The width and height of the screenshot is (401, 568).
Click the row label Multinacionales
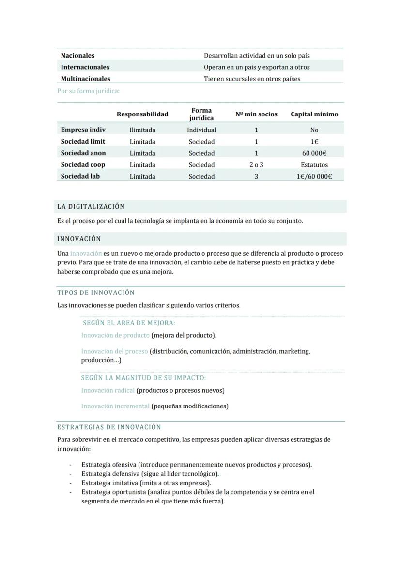[85, 79]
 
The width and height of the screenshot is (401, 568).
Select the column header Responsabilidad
[142, 114]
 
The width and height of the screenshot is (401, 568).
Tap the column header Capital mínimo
[314, 114]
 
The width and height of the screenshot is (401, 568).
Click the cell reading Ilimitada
[142, 130]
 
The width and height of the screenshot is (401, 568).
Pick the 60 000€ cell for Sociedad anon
[314, 153]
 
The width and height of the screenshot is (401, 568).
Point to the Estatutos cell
[314, 165]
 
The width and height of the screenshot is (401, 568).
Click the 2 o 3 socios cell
[256, 165]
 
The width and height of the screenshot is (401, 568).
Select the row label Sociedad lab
[80, 176]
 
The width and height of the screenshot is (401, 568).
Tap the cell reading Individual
[201, 130]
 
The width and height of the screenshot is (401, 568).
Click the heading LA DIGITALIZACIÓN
[91, 207]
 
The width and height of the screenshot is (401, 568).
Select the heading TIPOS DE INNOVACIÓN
[96, 293]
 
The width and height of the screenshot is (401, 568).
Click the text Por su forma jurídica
[88, 91]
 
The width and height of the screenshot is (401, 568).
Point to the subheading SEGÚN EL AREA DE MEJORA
[129, 323]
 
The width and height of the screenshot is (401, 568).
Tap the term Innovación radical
[108, 390]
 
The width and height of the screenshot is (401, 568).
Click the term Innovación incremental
[115, 406]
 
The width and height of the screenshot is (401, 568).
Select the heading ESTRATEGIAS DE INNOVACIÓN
[109, 427]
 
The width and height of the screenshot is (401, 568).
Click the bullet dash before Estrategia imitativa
[70, 483]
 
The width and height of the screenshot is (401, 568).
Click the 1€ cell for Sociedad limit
[314, 142]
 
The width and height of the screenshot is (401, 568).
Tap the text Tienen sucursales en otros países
[252, 79]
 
